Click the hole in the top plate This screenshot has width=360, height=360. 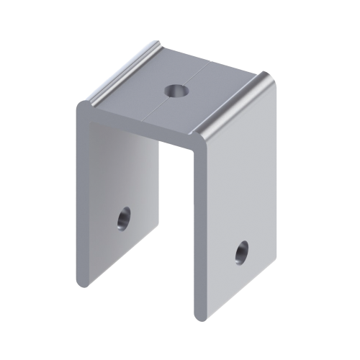point(174,91)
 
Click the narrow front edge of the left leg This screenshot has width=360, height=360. point(81,194)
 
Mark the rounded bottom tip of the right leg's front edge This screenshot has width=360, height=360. point(199,315)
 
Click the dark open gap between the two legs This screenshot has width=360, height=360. point(176,230)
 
